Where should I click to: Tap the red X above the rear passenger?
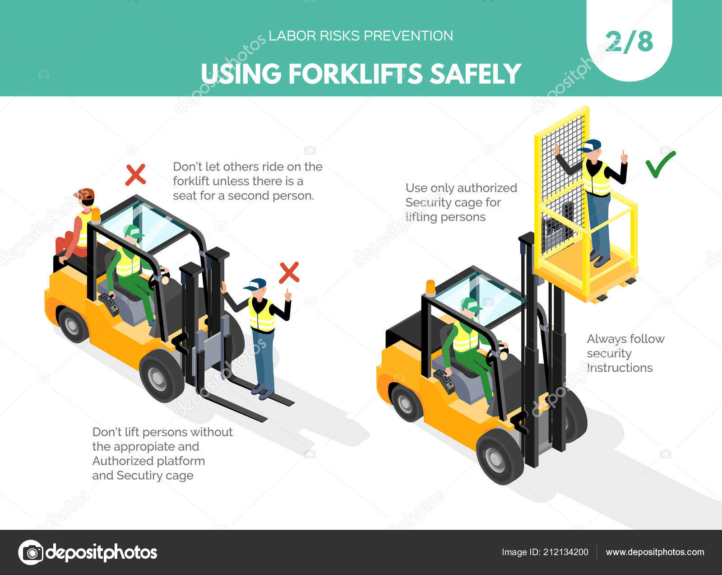point(135,175)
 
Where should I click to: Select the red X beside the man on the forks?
point(289,272)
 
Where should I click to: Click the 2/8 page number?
point(629,42)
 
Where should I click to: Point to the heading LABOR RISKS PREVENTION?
point(361,36)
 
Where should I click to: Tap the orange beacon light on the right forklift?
point(430,288)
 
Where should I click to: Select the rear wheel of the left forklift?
point(72,324)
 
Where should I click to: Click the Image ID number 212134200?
point(564,552)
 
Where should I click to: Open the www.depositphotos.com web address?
point(655,552)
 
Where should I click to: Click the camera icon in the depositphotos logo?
point(31,552)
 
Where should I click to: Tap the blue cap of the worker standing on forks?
point(256,284)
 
